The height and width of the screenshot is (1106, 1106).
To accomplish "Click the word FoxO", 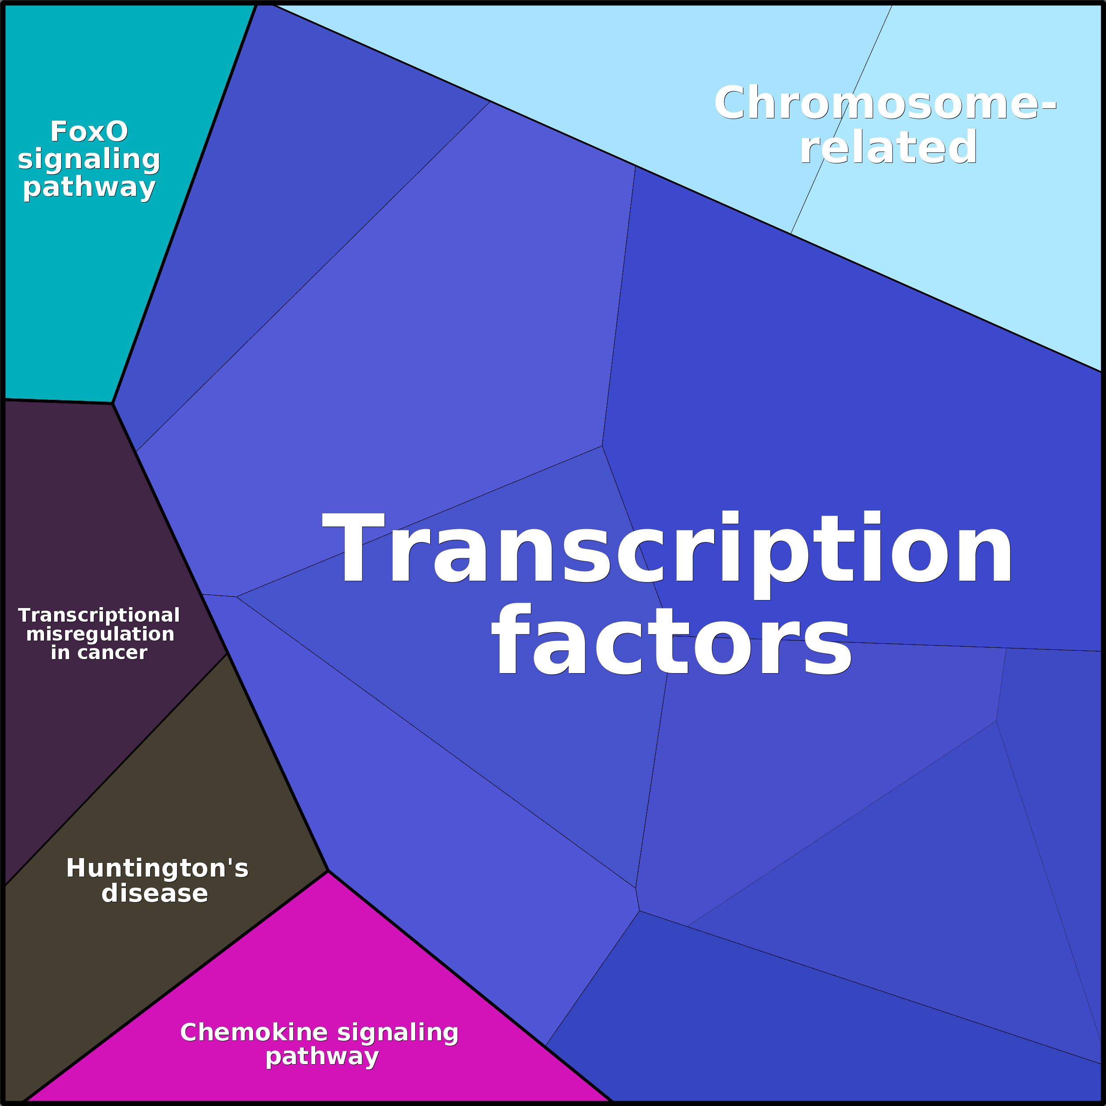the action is tap(89, 131).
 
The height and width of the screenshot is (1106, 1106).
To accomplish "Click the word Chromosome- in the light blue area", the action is tap(885, 103).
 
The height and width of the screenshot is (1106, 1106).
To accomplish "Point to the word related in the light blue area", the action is tap(888, 147).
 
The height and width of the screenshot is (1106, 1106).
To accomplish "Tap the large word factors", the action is tap(671, 641).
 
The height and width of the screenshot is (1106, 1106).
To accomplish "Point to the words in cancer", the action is tap(99, 653).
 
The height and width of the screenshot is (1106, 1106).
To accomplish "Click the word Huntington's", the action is tap(158, 868).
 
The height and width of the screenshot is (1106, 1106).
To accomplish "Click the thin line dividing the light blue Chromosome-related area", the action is tap(841, 119).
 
